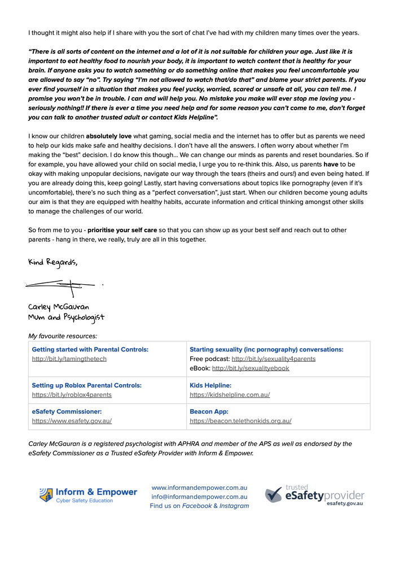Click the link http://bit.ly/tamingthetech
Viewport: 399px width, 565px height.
pos(69,359)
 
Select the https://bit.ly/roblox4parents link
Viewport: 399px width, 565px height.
pos(72,395)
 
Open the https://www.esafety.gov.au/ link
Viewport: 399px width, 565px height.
pos(72,421)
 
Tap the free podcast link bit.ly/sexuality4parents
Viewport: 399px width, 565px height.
pos(273,359)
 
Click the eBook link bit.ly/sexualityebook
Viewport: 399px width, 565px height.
pos(250,368)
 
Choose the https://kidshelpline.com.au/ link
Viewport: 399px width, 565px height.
pos(230,395)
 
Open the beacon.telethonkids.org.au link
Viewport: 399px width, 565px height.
pos(240,421)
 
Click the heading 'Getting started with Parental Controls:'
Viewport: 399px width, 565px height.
pos(90,350)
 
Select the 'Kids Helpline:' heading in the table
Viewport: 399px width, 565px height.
pos(211,385)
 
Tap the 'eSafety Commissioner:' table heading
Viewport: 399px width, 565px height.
pos(67,412)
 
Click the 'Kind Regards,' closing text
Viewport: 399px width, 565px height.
pos(53,263)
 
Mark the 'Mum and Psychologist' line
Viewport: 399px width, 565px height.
pos(66,318)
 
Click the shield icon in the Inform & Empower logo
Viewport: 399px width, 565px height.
pos(46,495)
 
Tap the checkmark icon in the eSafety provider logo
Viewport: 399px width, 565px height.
pos(274,496)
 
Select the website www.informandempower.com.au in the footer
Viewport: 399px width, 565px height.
pos(199,487)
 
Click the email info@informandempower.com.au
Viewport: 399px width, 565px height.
pos(199,497)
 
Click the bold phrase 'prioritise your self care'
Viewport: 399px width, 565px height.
pos(122,231)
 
